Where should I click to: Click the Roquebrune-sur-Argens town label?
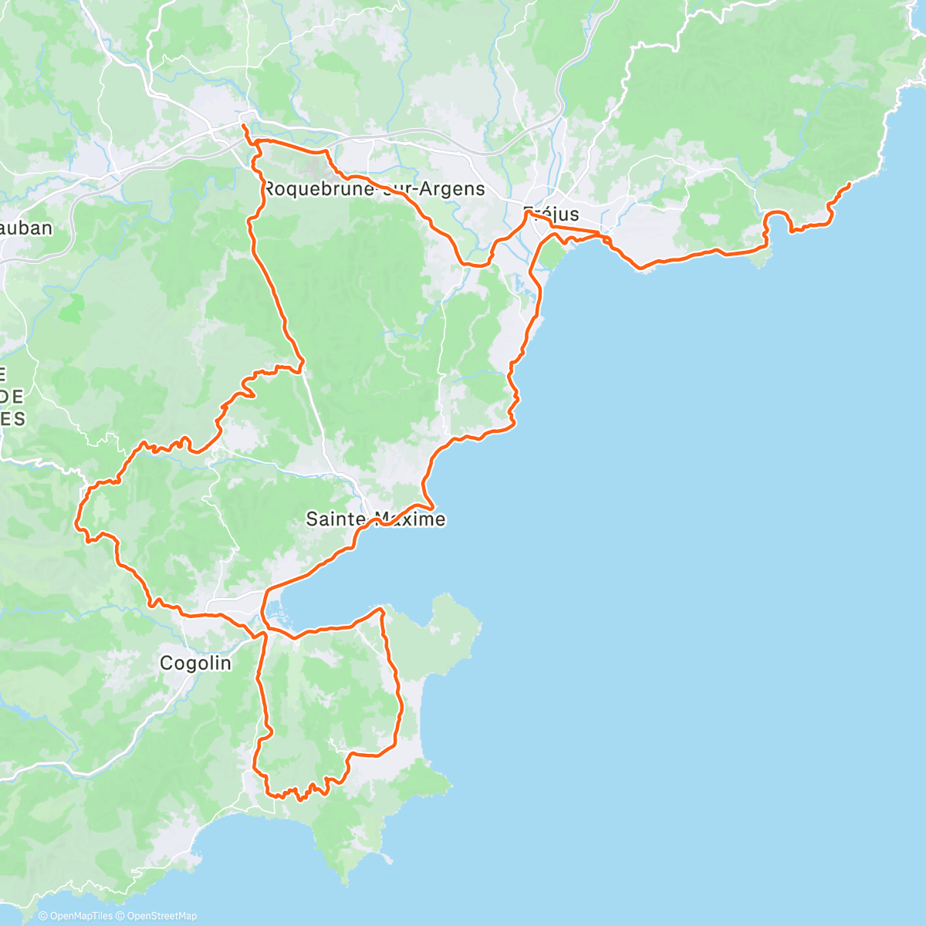pos(374,188)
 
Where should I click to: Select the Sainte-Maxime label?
pos(376,519)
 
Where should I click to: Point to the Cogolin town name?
pos(195,662)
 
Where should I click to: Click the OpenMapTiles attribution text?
pos(80,916)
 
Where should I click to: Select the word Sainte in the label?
pos(336,519)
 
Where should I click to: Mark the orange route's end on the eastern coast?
pos(849,184)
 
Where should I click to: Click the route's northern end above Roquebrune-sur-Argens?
pos(243,125)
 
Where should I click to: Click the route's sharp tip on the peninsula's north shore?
pos(381,609)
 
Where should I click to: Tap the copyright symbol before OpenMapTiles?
pos(43,916)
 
